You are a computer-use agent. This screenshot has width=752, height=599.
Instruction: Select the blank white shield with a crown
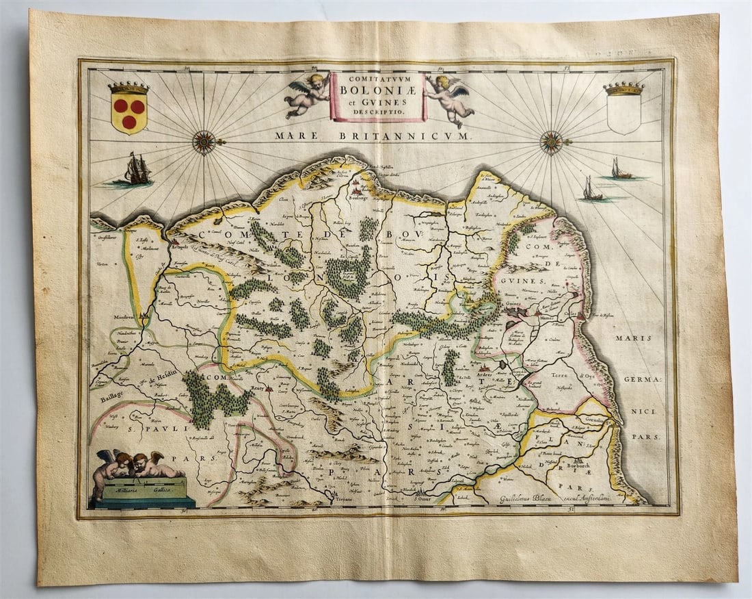coord(623,111)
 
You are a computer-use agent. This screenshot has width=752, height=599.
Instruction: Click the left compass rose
coord(204,142)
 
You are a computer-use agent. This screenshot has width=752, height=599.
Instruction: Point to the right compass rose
coord(552,142)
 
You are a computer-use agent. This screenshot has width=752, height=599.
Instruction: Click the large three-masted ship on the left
coord(137,170)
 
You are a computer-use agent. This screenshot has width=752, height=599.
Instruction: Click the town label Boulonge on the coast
coord(360,197)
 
